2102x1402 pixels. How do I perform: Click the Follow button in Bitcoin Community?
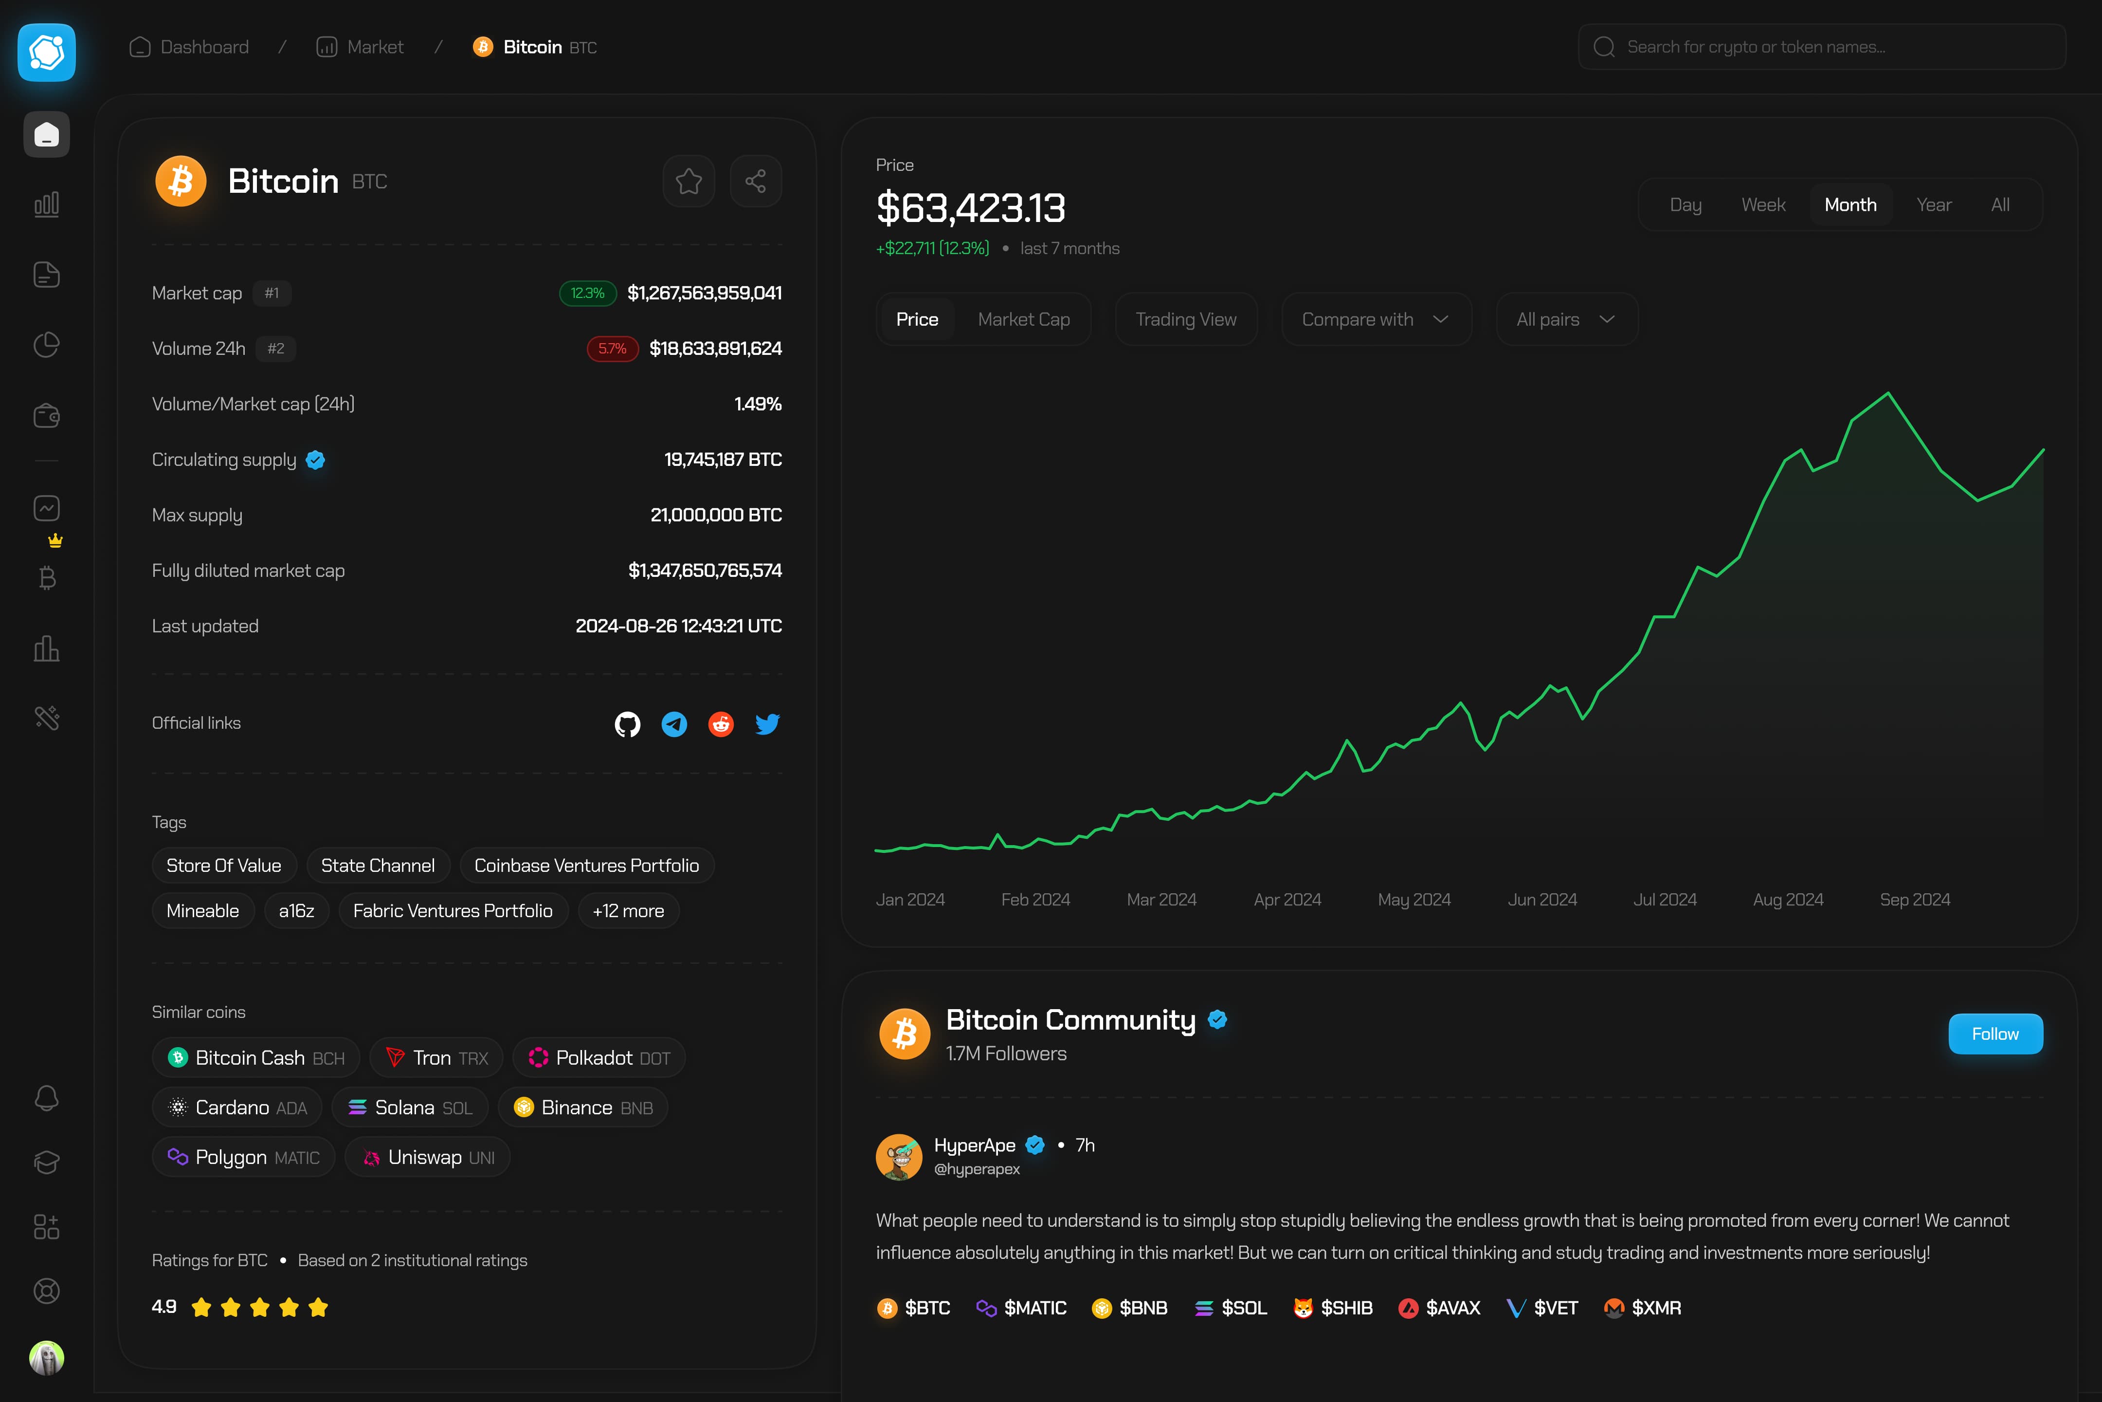(1995, 1033)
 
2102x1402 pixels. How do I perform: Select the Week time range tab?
(1762, 205)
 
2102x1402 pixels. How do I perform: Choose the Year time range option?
(1933, 205)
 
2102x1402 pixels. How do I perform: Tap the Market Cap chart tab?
(1023, 319)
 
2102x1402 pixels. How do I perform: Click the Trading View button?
(1186, 319)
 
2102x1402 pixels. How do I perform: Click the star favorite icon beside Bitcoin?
(688, 182)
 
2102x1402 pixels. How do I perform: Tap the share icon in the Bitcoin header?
(755, 182)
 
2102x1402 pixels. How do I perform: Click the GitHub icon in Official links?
(627, 723)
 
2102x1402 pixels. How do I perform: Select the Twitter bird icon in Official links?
(767, 723)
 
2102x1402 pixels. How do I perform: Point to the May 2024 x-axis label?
(1414, 900)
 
